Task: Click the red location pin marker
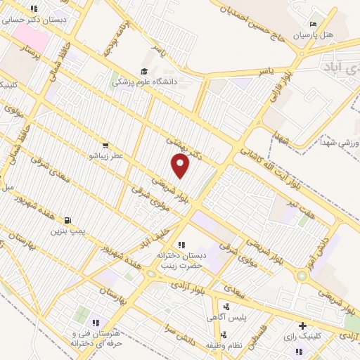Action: click(181, 165)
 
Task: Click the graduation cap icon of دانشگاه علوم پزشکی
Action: click(145, 71)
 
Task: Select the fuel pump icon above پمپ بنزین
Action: click(68, 220)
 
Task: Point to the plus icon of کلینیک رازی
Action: click(302, 326)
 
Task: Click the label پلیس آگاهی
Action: click(230, 318)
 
